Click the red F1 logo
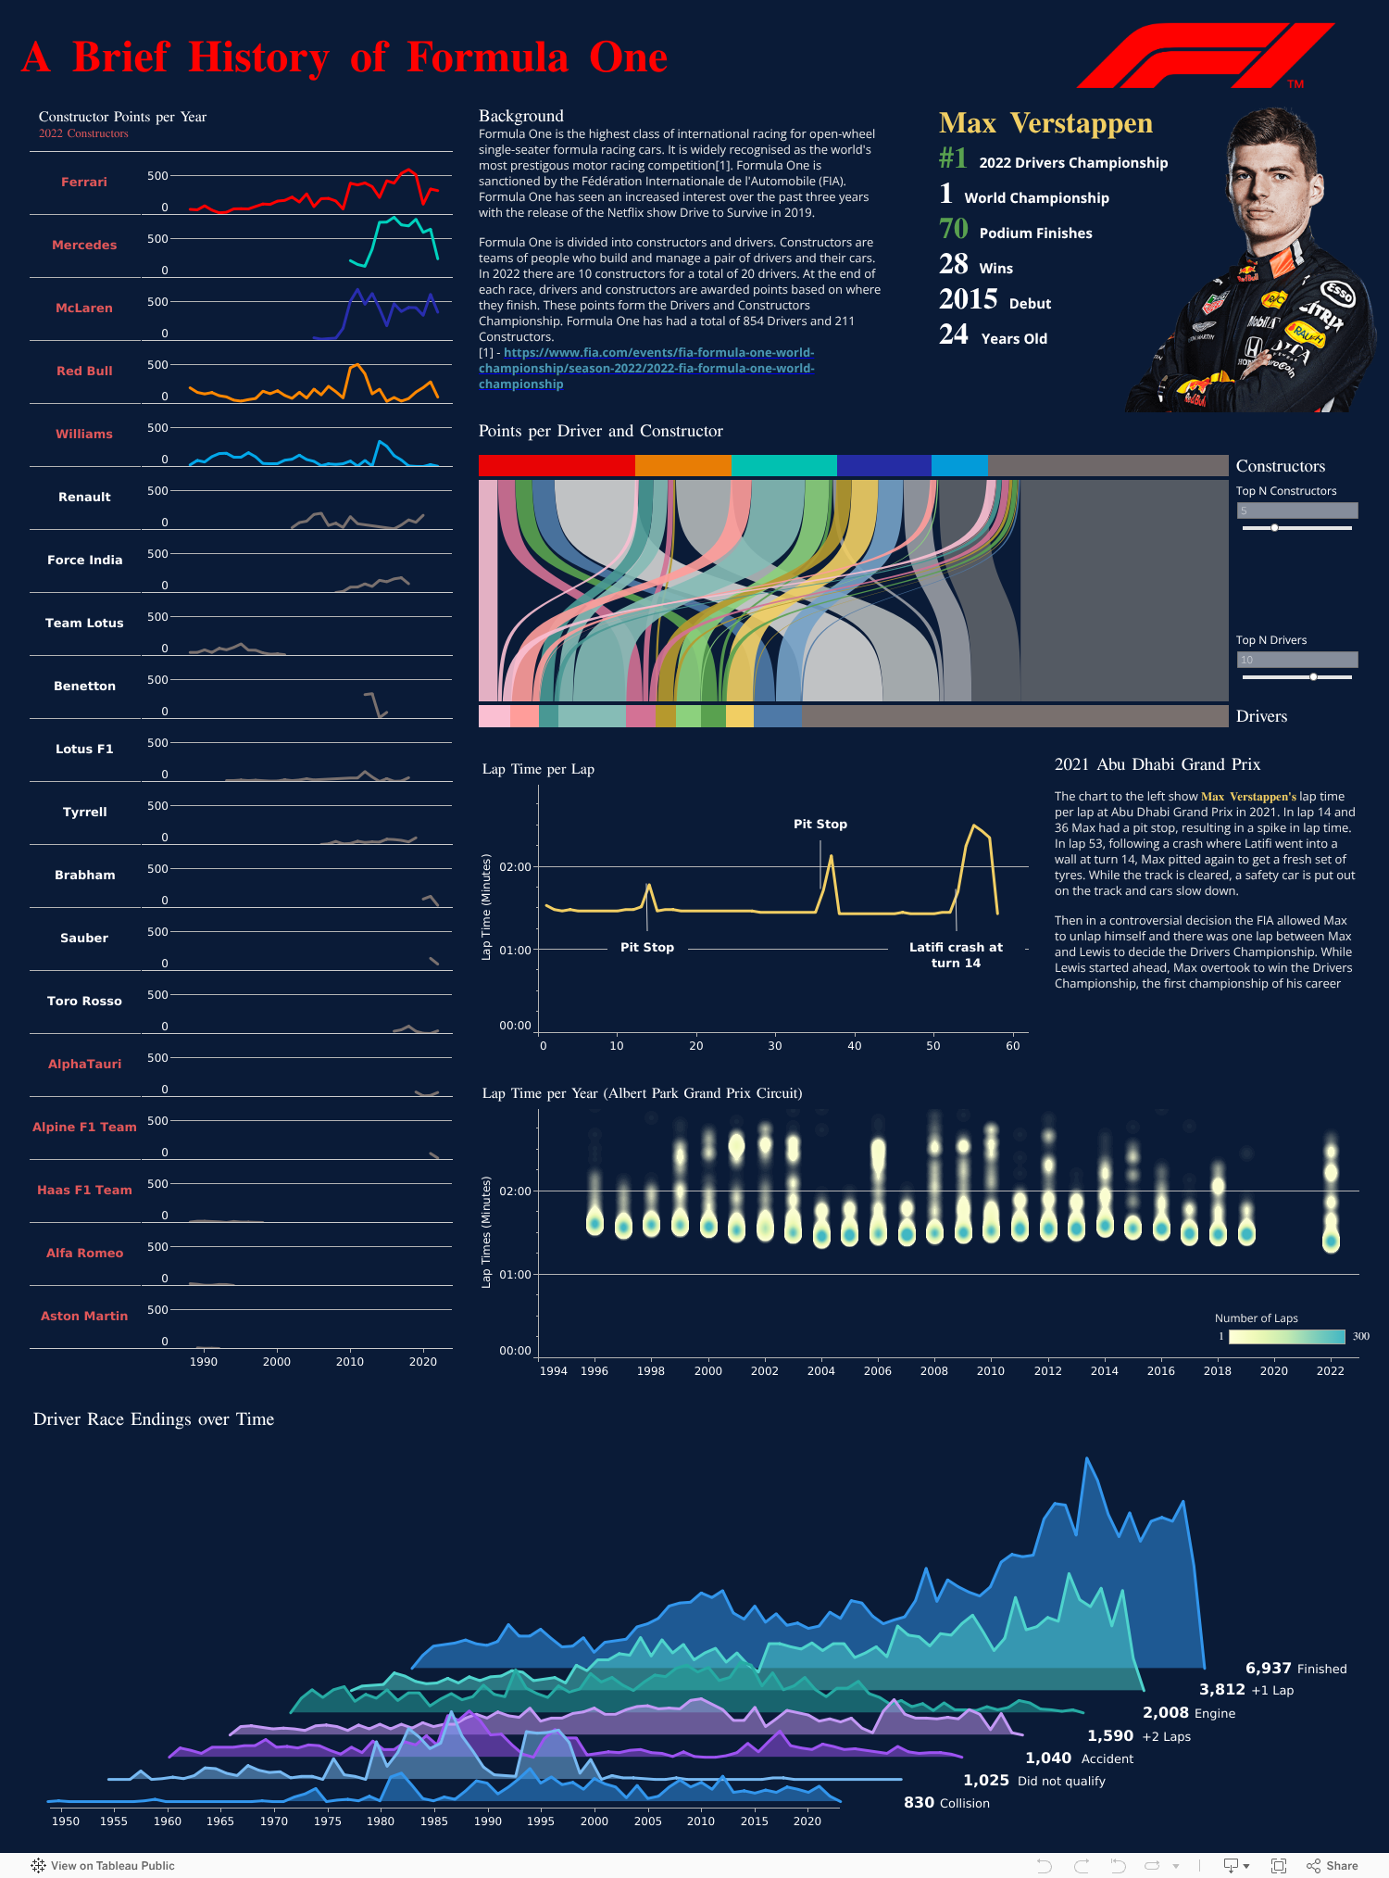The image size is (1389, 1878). point(1204,56)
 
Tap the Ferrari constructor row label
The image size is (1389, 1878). point(84,183)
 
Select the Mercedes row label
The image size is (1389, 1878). point(84,246)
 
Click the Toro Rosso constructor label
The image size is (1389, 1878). point(84,1002)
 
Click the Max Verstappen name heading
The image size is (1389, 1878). point(1045,124)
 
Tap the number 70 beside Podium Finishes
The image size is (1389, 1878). point(953,229)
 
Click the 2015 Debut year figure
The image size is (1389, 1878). point(968,299)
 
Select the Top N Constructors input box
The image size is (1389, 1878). point(1296,510)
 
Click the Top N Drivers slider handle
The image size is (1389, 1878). point(1313,677)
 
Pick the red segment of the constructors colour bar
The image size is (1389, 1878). point(557,465)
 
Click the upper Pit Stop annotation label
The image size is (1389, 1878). point(820,825)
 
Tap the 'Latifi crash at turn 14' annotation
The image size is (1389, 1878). point(956,955)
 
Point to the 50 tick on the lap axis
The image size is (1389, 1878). point(933,1046)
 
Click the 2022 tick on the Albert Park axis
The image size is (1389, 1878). point(1330,1371)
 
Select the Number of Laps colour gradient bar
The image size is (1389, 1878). point(1286,1337)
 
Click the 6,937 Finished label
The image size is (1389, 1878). point(1295,1669)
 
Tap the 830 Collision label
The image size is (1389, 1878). point(946,1803)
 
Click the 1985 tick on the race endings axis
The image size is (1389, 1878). point(433,1821)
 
